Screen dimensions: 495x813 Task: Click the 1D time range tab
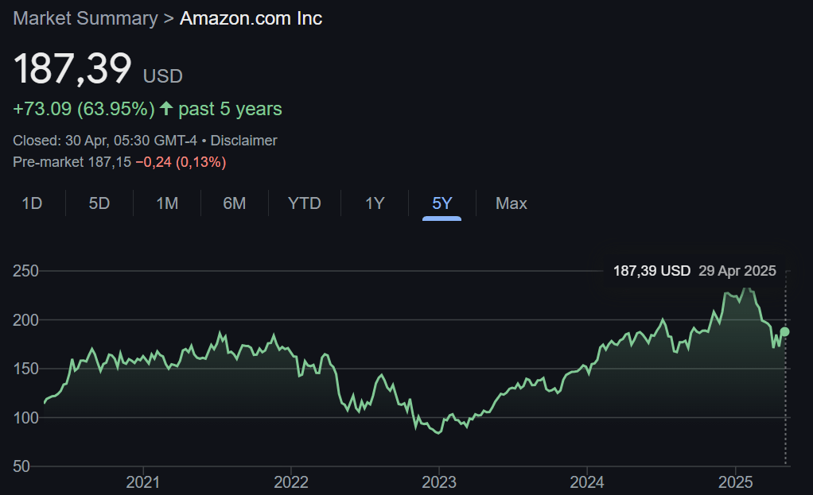pos(32,203)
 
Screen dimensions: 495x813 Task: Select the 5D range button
pos(99,203)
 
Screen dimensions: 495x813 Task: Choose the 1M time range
pos(167,203)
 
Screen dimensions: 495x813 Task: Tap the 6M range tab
pos(235,203)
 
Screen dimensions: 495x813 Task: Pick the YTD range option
pos(304,203)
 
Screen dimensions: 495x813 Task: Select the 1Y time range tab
pos(375,203)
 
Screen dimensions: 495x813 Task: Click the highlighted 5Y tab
pos(442,203)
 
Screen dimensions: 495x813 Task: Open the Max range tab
pos(512,203)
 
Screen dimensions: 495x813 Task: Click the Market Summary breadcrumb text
pos(85,18)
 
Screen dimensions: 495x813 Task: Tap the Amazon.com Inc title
pos(251,18)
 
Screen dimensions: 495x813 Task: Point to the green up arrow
pos(166,108)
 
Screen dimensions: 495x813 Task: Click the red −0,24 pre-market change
pos(153,162)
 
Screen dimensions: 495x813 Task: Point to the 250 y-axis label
pos(26,271)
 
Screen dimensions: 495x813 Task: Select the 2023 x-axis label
pos(438,481)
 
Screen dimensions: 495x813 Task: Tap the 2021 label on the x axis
pos(142,481)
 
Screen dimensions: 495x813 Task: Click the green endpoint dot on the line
pos(785,331)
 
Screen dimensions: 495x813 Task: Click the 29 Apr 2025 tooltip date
pos(737,271)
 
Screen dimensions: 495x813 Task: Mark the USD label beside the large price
pos(162,76)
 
